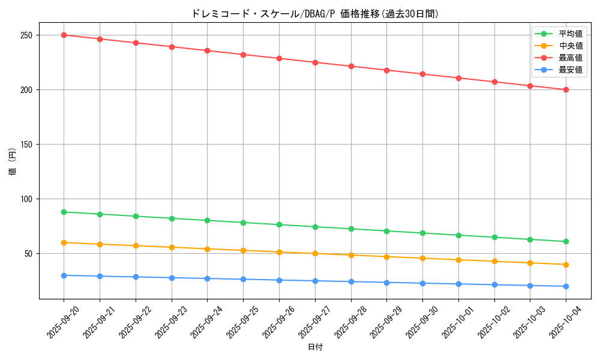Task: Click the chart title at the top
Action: point(315,14)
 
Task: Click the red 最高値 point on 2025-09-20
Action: point(64,35)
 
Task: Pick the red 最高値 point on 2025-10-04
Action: point(566,89)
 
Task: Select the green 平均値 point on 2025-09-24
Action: point(207,220)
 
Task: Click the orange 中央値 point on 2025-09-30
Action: point(422,258)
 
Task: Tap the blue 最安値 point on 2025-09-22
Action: point(136,277)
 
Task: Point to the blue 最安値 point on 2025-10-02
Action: point(494,284)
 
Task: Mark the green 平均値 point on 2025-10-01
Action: point(458,235)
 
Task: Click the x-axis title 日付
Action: point(315,347)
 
